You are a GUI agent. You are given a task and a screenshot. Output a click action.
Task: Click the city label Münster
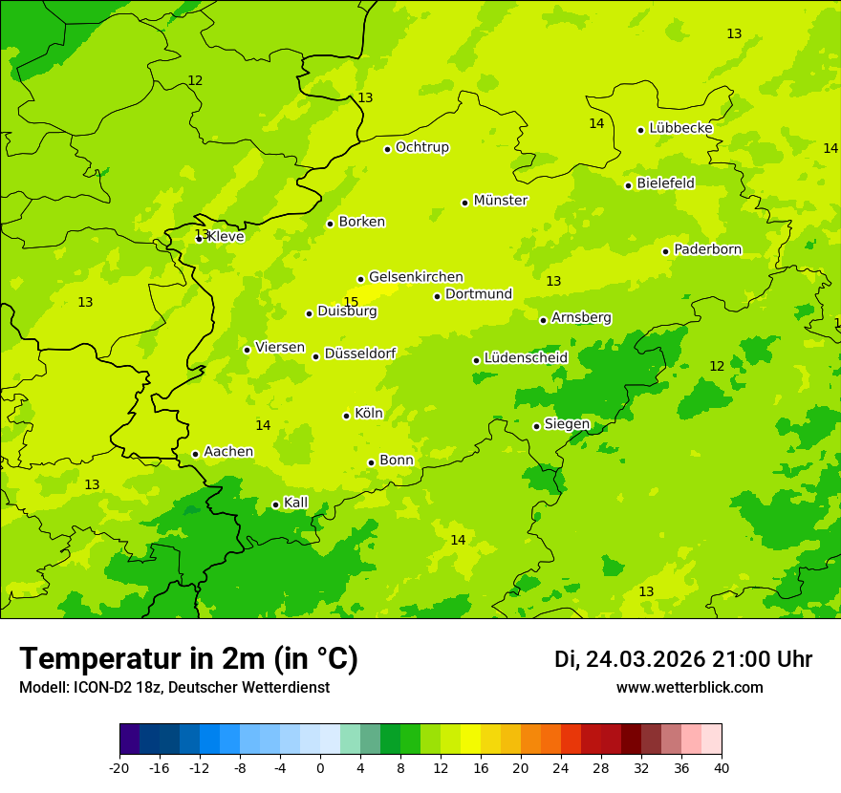pyautogui.click(x=500, y=201)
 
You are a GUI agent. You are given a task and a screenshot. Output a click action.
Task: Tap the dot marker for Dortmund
pyautogui.click(x=437, y=296)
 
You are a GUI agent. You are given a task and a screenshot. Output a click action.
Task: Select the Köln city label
pyautogui.click(x=368, y=414)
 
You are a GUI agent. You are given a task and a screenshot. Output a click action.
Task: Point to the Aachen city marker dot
pyautogui.click(x=195, y=455)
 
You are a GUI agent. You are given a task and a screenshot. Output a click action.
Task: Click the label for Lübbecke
pyautogui.click(x=680, y=128)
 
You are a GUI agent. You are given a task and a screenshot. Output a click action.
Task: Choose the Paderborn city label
pyautogui.click(x=707, y=249)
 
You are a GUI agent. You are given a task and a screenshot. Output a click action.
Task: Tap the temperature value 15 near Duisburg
pyautogui.click(x=351, y=302)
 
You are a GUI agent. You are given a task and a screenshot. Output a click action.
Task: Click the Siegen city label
pyautogui.click(x=567, y=424)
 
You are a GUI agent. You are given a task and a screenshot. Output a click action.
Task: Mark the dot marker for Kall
pyautogui.click(x=275, y=505)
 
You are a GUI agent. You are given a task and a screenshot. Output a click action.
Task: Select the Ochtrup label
pyautogui.click(x=421, y=147)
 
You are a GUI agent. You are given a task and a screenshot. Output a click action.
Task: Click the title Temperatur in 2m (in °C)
pyautogui.click(x=188, y=659)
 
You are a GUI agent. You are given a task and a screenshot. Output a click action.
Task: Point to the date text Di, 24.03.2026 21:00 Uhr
pyautogui.click(x=682, y=659)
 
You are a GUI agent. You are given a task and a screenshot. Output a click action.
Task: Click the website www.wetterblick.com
pyautogui.click(x=689, y=688)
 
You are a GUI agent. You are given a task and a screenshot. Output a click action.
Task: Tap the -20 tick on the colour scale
pyautogui.click(x=119, y=767)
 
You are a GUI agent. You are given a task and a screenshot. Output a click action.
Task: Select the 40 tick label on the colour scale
pyautogui.click(x=721, y=767)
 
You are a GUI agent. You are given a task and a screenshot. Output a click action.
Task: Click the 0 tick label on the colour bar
pyautogui.click(x=320, y=767)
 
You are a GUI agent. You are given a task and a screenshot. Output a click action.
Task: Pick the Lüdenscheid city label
pyautogui.click(x=526, y=358)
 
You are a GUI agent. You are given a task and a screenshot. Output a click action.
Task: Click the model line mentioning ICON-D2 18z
pyautogui.click(x=174, y=688)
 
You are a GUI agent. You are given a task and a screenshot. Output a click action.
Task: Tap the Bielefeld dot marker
pyautogui.click(x=628, y=185)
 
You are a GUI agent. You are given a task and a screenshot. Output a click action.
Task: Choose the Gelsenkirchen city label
pyautogui.click(x=416, y=277)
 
